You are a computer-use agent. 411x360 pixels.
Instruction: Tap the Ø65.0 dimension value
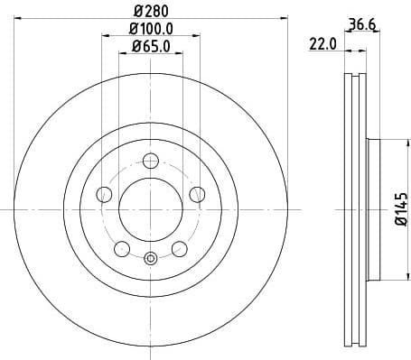coord(149,46)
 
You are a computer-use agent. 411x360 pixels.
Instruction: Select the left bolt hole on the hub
coord(103,193)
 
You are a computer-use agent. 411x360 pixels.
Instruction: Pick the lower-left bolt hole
coord(121,248)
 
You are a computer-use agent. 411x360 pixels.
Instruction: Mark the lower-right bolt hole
coord(180,248)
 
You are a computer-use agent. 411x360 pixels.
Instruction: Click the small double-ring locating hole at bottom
coord(151,260)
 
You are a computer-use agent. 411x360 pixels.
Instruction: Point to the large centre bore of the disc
coord(151,209)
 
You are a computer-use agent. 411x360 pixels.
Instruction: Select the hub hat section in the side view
coord(372,209)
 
